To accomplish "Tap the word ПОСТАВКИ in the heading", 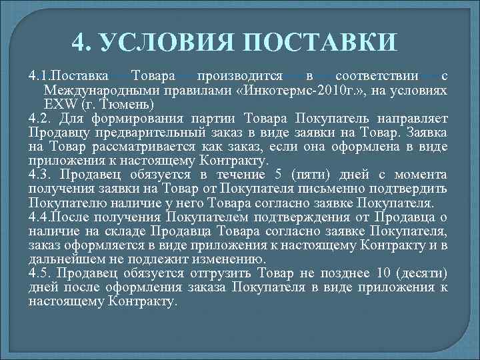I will tap(321, 45).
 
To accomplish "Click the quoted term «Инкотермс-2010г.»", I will tap(291, 91).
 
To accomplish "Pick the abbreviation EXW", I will tap(59, 105).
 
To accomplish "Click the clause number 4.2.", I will tap(40, 119).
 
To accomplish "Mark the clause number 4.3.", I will tap(40, 175).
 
